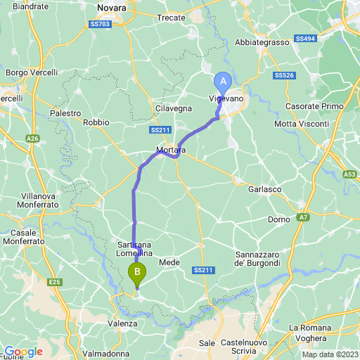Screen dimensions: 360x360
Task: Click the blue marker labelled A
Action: tap(224, 82)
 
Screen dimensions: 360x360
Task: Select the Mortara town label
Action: tap(171, 150)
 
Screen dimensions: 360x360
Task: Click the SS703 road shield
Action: tap(101, 24)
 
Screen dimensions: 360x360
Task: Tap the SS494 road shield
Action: tap(304, 39)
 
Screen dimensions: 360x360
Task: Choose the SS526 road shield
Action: tap(284, 75)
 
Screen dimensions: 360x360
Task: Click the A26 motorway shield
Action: tap(33, 139)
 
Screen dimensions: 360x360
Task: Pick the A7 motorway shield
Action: tap(302, 218)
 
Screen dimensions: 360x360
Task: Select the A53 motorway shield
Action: tap(350, 174)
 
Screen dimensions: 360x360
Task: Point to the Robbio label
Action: tap(96, 122)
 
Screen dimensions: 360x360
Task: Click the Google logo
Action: tap(22, 352)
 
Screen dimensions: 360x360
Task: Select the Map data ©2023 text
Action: tap(329, 354)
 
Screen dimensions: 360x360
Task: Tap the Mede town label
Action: tap(169, 262)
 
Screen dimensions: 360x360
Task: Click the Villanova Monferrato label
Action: tap(44, 201)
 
